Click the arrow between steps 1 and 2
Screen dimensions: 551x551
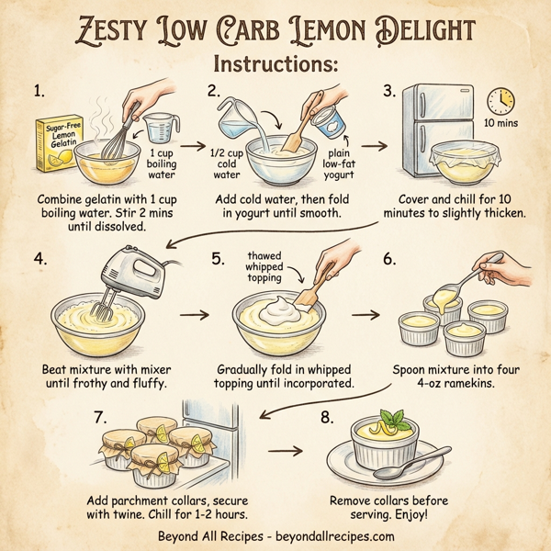coord(192,144)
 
